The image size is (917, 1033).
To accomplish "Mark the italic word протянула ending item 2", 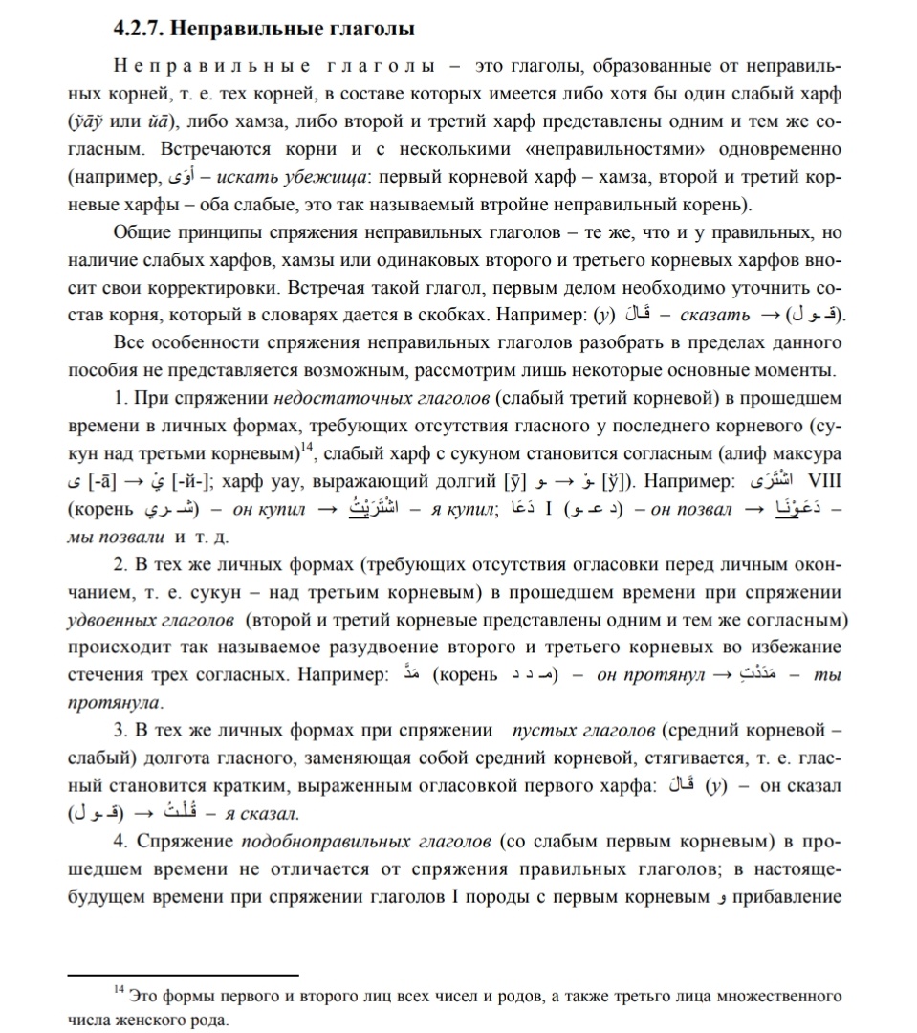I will click(x=114, y=702).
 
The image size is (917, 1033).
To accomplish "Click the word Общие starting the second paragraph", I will click(x=141, y=232).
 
